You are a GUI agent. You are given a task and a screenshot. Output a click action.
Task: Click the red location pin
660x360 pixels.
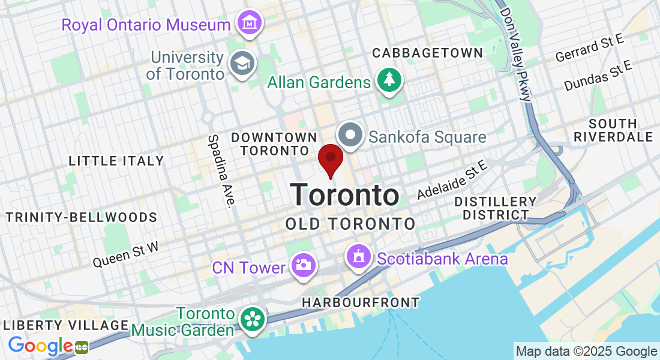(330, 158)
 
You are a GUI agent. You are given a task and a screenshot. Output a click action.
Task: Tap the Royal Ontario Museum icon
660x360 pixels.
(248, 23)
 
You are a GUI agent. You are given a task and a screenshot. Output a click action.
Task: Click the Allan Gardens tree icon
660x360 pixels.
(389, 79)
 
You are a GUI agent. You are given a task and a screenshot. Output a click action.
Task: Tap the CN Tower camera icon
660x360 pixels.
(303, 264)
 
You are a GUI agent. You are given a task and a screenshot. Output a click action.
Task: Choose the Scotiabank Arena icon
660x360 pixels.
(358, 257)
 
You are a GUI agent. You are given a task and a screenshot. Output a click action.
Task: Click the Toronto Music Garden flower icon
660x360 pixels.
(252, 319)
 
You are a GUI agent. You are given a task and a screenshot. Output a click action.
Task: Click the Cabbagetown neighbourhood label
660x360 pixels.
(427, 53)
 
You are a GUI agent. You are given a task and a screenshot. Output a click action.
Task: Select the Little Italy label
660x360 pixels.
(116, 161)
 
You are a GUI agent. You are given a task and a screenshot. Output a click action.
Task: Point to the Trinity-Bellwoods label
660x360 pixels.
(82, 217)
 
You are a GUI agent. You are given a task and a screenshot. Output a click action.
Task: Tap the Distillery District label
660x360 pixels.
(495, 208)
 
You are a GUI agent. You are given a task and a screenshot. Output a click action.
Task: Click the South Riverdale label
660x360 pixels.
(613, 130)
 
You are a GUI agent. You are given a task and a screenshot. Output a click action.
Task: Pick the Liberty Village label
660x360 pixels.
(65, 325)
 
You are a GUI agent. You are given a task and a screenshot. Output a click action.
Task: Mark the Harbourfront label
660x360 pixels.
(360, 302)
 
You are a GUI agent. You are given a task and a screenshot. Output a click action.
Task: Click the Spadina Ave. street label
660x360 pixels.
(220, 170)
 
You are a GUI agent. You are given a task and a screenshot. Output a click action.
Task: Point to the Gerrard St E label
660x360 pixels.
(590, 48)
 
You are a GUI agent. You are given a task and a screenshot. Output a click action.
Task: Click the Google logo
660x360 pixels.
(41, 346)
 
